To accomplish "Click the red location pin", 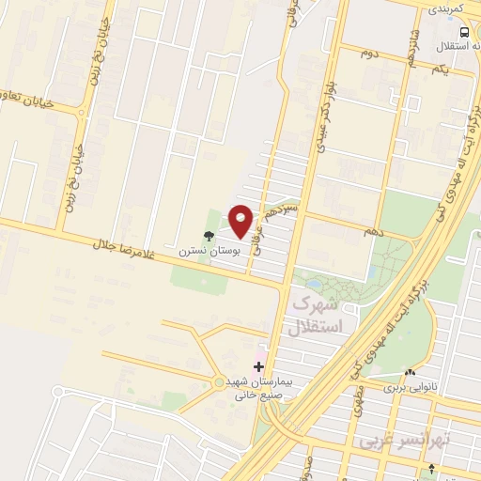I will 241,220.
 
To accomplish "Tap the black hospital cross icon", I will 259,366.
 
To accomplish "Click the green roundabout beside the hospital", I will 219,381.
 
